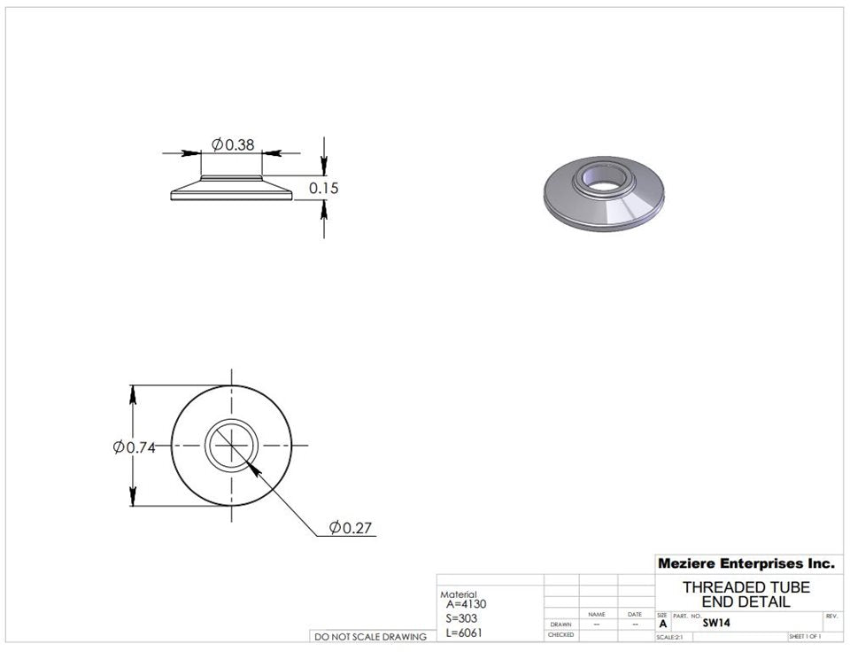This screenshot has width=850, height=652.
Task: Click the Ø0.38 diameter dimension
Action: tap(233, 144)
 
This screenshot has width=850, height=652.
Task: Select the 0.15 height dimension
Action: tap(323, 188)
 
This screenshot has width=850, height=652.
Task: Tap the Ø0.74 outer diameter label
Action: tap(135, 447)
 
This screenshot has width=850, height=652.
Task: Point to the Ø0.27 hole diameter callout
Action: tap(351, 528)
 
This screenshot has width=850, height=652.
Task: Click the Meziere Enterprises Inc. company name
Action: tap(746, 563)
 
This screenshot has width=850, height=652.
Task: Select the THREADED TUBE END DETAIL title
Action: tap(746, 594)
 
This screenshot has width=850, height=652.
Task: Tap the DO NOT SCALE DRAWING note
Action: tap(369, 636)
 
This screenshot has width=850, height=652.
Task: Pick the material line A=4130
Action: tap(467, 604)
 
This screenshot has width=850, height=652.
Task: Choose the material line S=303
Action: tap(463, 618)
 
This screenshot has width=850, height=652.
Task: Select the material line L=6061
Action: tap(465, 633)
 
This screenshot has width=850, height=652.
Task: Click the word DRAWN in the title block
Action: tap(560, 625)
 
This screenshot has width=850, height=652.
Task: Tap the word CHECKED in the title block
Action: tap(560, 635)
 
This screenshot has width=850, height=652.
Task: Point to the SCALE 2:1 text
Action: tap(668, 637)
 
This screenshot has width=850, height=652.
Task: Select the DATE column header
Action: tap(635, 614)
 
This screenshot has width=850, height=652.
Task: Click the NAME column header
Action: tap(597, 614)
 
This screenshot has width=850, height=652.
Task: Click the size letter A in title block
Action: tap(662, 624)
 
